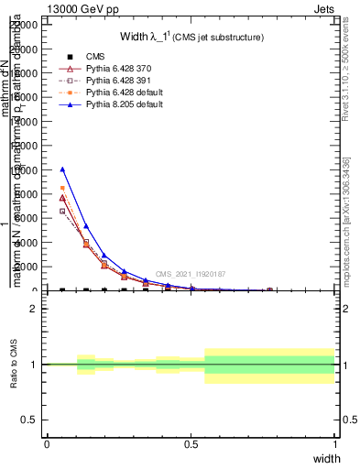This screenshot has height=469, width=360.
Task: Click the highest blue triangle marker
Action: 62,169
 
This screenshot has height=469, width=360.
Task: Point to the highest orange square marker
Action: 62,188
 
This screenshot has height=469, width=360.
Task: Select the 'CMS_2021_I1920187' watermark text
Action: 191,274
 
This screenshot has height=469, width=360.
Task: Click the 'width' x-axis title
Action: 326,457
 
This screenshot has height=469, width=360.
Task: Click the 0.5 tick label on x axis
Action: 191,444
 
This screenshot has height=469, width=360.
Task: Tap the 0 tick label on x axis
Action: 47,444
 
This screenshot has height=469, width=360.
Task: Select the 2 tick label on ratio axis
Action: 34,309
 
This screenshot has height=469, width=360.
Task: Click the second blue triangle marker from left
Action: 86,225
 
